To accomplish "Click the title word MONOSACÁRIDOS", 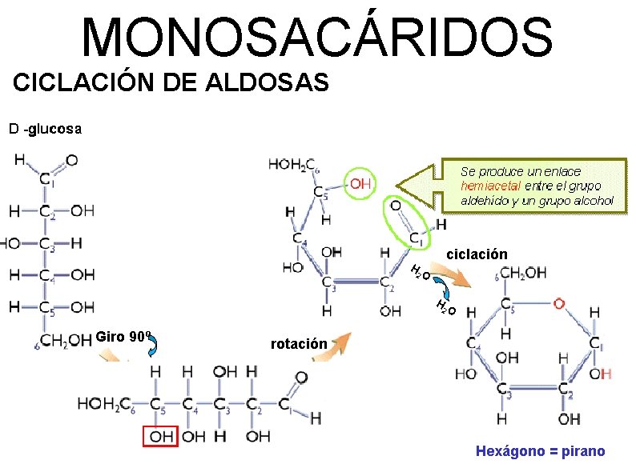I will pyautogui.click(x=317, y=38).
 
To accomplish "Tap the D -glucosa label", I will pyautogui.click(x=45, y=128).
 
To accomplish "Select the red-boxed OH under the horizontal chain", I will pyautogui.click(x=161, y=436).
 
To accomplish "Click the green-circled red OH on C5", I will pyautogui.click(x=360, y=183).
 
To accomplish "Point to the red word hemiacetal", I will pyautogui.click(x=491, y=186).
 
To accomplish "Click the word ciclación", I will pyautogui.click(x=477, y=254).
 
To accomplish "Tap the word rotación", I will pyautogui.click(x=299, y=345).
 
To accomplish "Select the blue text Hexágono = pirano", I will pyautogui.click(x=541, y=451).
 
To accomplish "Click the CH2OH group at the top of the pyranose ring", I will pyautogui.click(x=524, y=273).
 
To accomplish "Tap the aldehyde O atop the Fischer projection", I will pyautogui.click(x=71, y=161).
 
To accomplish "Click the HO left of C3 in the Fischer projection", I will pyautogui.click(x=10, y=242).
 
